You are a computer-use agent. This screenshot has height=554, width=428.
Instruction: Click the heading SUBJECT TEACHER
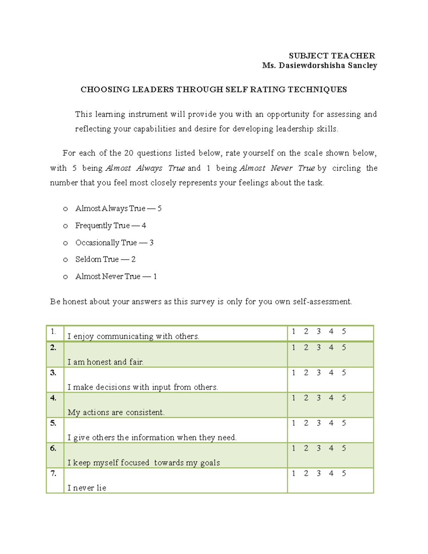332,56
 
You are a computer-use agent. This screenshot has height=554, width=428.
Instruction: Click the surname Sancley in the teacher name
362,65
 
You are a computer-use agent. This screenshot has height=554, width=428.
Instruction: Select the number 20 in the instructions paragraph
128,153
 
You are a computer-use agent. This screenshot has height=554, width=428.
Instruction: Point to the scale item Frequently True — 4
111,225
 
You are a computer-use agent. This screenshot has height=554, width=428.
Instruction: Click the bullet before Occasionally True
65,243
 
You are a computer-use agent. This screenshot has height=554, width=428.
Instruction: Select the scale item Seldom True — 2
105,259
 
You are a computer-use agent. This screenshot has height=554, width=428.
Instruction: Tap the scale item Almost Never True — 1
116,276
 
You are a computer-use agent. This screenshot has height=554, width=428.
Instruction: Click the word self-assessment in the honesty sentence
322,302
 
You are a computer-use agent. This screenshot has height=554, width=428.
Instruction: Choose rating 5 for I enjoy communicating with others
344,331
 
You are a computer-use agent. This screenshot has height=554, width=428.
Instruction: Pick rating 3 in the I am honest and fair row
319,347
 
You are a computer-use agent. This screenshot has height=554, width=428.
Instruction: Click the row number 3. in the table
53,373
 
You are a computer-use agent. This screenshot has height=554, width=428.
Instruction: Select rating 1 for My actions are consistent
294,398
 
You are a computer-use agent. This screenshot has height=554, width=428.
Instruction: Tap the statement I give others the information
152,437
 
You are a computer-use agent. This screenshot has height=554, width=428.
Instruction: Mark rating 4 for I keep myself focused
331,448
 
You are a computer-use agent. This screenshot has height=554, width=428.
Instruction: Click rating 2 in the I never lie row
306,473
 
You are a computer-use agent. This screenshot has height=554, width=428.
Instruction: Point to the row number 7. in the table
53,473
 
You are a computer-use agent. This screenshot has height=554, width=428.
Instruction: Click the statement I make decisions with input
143,387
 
